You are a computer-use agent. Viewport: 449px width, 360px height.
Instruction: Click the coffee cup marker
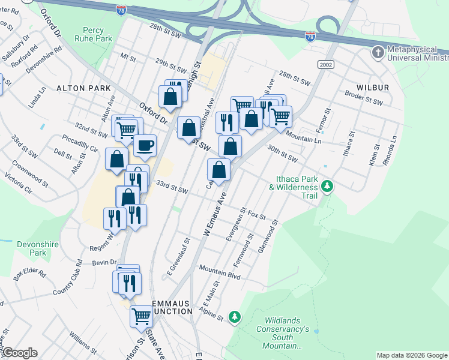144,145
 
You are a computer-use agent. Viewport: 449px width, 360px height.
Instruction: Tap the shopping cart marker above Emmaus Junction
141,315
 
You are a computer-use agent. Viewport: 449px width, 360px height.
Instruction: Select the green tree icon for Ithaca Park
327,186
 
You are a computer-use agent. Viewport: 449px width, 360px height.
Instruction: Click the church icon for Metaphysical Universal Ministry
378,52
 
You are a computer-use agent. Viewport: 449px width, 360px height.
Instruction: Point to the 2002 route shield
326,64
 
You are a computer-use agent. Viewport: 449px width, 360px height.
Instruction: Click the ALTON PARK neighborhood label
84,88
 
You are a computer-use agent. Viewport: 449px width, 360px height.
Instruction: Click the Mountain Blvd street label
220,272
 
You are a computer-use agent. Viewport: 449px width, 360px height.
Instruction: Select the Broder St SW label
364,98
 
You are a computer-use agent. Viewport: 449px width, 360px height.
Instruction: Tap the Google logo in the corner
19,353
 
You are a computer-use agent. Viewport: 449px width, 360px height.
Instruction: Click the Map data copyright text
412,355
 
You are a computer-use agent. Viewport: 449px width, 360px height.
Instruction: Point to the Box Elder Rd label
29,275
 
